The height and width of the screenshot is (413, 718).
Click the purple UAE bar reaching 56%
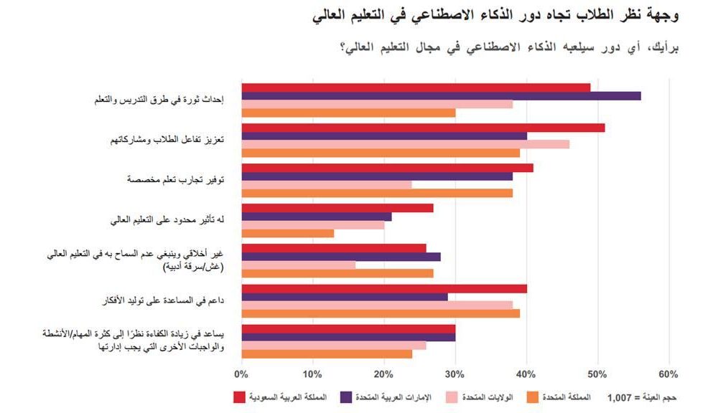coord(441,96)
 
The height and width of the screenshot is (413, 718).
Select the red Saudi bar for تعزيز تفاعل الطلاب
coord(423,128)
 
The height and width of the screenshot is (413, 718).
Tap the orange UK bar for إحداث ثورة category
coord(348,113)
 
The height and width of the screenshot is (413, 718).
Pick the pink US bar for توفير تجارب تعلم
coord(327,184)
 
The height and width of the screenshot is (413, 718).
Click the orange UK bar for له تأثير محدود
coord(287,233)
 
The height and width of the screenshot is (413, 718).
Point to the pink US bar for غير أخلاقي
coord(299,265)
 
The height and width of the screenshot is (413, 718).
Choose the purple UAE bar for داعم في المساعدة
coord(345,297)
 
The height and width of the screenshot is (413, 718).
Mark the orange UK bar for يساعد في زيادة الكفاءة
coord(327,353)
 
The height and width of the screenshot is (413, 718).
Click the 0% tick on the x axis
coord(241,374)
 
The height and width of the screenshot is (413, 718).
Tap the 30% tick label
coord(454,374)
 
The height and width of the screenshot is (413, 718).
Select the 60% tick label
coord(668,374)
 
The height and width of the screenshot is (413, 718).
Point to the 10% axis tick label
coord(312,374)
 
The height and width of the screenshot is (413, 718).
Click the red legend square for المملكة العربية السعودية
coord(241,397)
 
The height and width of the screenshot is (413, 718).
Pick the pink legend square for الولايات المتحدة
coord(452,397)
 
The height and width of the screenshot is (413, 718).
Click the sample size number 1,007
coord(621,397)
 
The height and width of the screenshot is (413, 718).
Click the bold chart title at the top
coord(495,14)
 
